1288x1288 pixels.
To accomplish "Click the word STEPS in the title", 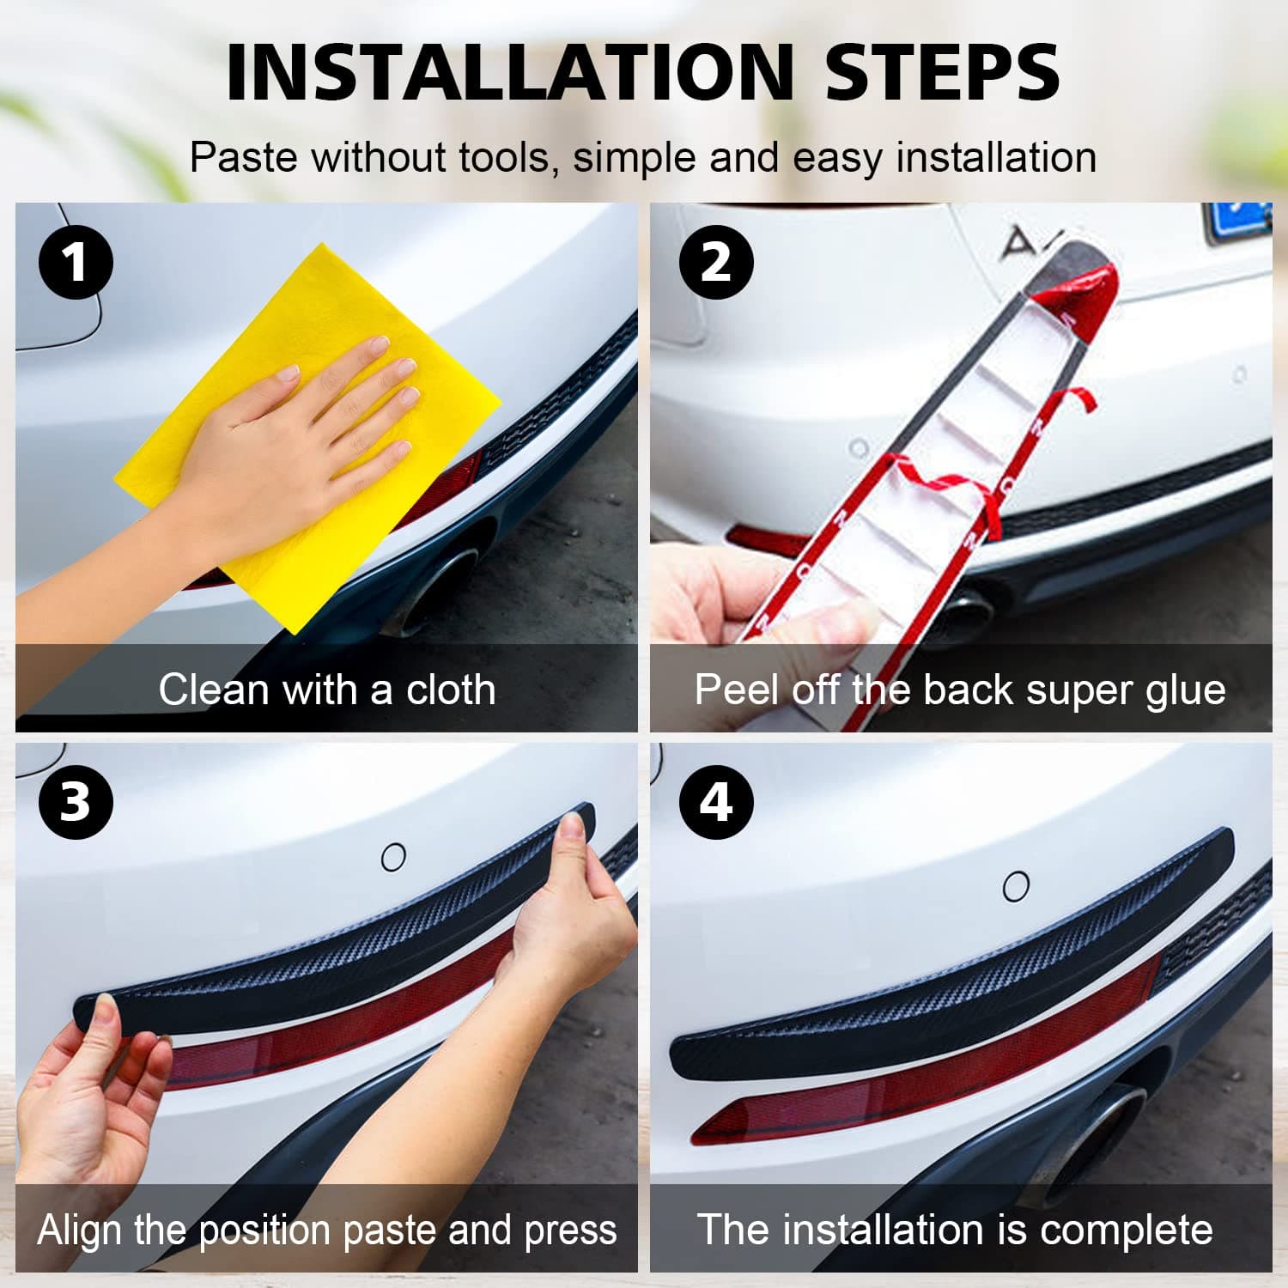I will coord(942,72).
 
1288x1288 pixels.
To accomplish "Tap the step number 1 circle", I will coord(76,262).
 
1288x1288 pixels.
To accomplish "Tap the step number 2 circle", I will coord(716,262).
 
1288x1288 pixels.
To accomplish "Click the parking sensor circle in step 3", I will coord(393,856).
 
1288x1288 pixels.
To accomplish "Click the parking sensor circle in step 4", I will coord(1016,885).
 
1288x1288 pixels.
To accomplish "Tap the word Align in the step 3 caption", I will coord(81,1230).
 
